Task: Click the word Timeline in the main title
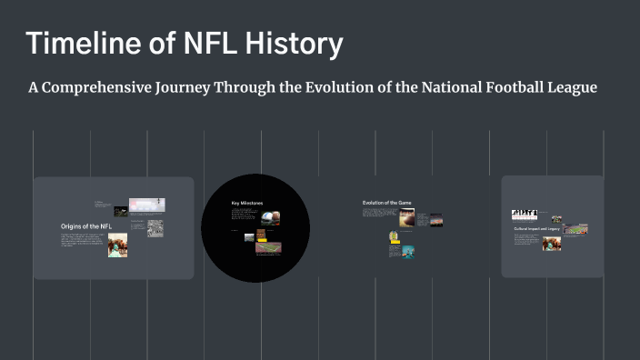click(81, 44)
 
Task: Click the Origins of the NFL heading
click(86, 225)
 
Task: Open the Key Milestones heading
click(246, 203)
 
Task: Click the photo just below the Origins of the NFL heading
click(117, 245)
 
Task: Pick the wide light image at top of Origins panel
click(146, 205)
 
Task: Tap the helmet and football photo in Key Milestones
click(270, 218)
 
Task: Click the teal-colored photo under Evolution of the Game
click(408, 252)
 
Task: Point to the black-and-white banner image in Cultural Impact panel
click(524, 215)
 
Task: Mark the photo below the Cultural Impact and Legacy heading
click(552, 244)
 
